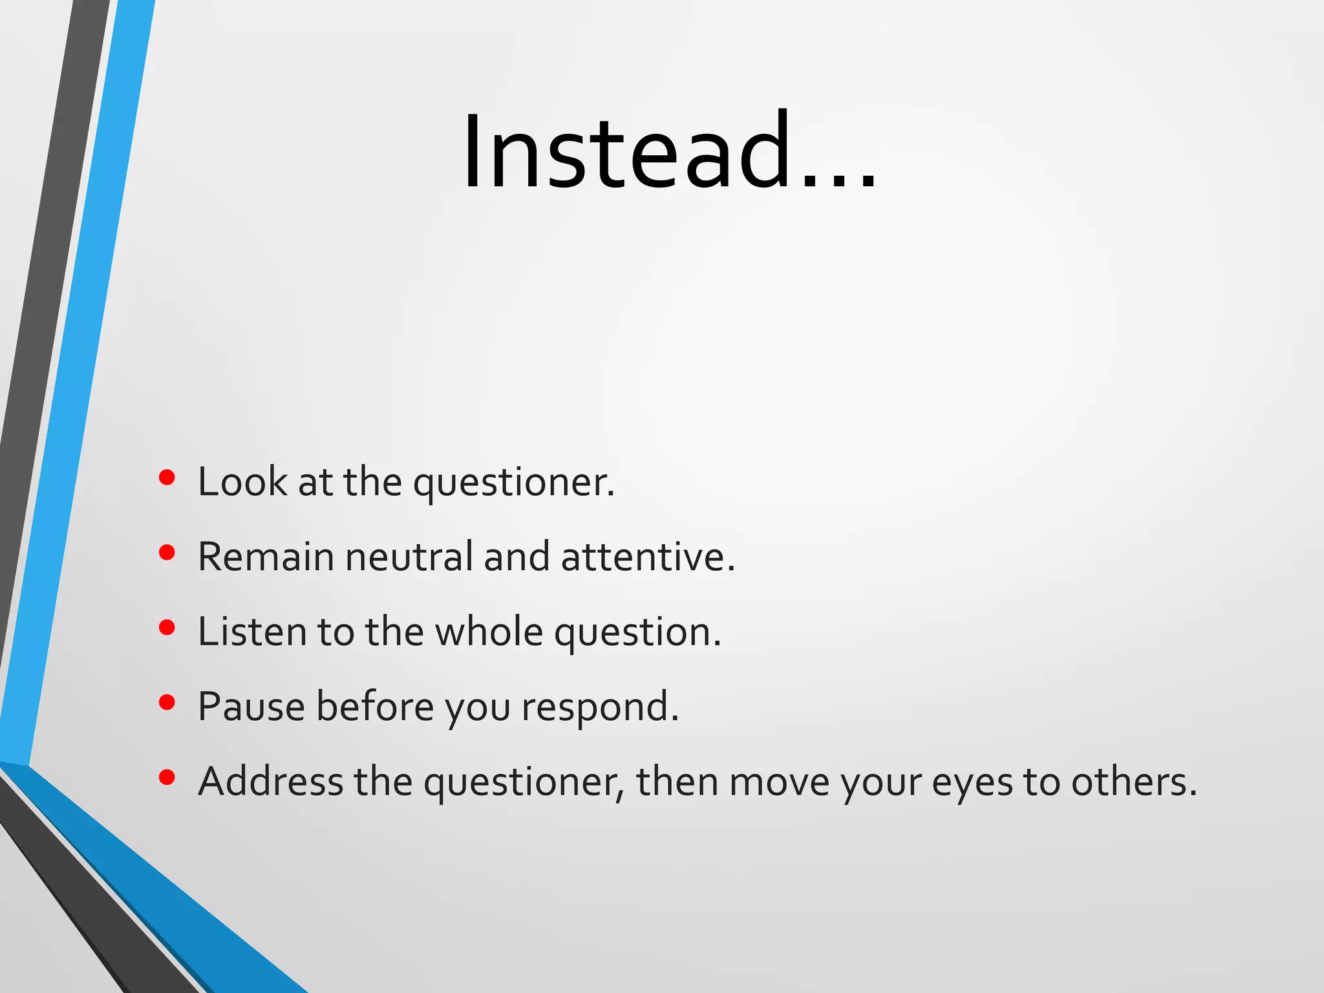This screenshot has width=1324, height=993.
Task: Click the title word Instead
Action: point(627,152)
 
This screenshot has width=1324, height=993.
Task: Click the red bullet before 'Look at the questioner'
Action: point(167,478)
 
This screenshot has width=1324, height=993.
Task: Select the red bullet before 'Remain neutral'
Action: point(167,553)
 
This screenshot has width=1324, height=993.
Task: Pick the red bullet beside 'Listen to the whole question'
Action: point(167,628)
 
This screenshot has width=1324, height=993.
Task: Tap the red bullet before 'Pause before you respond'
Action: point(167,703)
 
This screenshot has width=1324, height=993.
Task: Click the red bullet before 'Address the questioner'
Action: point(167,778)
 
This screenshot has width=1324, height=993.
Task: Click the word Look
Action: point(242,482)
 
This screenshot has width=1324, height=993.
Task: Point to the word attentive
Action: point(646,557)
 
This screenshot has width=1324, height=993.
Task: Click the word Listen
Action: point(251,632)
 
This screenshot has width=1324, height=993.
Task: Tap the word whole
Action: point(488,632)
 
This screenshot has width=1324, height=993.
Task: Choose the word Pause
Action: point(251,707)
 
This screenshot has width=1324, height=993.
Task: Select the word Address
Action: point(270,782)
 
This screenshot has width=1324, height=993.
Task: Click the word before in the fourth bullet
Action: point(375,707)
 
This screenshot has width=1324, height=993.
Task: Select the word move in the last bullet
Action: point(779,783)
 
